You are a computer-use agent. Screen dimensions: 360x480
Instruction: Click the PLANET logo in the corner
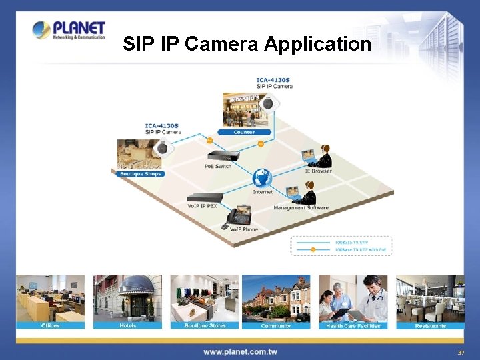pos(69,30)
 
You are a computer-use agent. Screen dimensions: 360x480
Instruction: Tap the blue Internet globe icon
pos(262,178)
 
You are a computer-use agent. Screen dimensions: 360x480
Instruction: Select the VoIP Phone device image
pos(239,215)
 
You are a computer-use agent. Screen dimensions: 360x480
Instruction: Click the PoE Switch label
pos(218,166)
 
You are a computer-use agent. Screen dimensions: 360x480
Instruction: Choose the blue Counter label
pos(244,132)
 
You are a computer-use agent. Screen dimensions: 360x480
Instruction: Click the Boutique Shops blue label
pos(140,174)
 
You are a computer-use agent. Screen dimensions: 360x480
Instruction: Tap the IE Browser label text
pos(318,171)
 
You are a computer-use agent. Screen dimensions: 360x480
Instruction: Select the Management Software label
pos(301,208)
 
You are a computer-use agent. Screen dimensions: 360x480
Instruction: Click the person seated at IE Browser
pos(323,157)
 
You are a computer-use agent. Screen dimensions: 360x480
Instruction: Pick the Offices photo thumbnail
pos(50,298)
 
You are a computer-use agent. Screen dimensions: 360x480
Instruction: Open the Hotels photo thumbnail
pos(127,298)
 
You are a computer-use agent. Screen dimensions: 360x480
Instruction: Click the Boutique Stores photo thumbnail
pos(205,298)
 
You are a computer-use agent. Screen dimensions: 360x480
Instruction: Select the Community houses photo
pos(276,298)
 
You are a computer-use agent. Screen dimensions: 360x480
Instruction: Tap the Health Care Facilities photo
pos(353,298)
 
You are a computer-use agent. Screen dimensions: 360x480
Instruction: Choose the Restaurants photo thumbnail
pos(430,298)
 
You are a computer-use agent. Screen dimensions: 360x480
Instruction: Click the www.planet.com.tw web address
pos(240,351)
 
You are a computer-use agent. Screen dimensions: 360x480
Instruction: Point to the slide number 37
pos(461,352)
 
